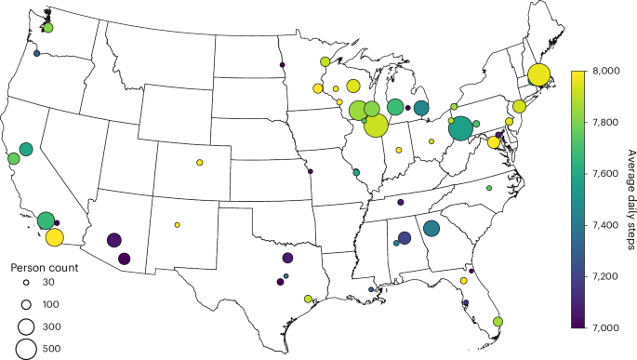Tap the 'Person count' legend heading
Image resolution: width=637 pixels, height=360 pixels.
(39, 266)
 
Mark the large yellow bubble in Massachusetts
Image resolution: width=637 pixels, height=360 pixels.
(537, 76)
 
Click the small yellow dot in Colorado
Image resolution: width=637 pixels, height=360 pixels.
(200, 163)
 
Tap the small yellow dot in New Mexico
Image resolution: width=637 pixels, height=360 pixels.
(177, 225)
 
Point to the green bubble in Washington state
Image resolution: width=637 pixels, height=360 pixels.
(47, 28)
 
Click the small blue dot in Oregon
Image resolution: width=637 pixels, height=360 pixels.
(36, 54)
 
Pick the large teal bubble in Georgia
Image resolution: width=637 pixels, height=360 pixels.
(431, 228)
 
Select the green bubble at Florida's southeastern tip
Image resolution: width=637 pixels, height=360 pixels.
(498, 322)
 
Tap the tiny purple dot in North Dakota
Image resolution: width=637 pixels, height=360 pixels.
(283, 65)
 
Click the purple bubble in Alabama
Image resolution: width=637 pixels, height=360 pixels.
(405, 237)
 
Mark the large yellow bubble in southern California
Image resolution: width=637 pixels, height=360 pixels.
(54, 237)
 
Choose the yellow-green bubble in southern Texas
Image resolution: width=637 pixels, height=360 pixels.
(307, 300)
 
